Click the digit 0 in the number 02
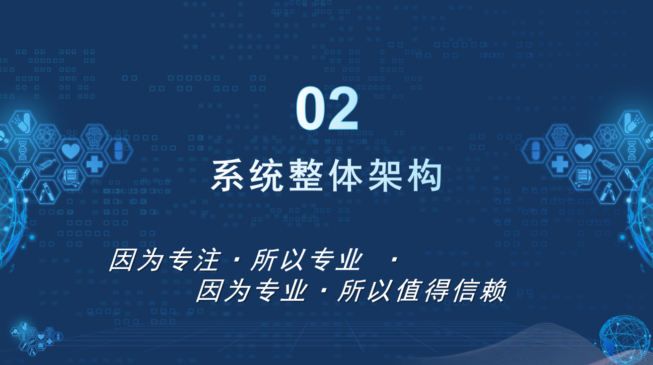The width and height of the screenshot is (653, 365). coord(310,108)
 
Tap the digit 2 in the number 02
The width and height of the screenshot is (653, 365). coord(343,108)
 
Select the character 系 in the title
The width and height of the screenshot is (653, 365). coord(227,175)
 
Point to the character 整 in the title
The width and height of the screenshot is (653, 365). coord(306,175)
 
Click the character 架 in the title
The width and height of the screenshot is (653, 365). coord(385,175)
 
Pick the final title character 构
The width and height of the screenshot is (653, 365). coord(425,175)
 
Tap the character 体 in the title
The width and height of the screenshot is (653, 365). coord(346,175)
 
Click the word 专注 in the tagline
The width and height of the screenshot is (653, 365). coord(194,260)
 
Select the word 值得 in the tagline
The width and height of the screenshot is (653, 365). coord(422,290)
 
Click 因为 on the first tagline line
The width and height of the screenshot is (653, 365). coord(136,260)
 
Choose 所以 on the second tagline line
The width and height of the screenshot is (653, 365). coord(364,290)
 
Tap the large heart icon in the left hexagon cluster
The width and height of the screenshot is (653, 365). coord(71,151)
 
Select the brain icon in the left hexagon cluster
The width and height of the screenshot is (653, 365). coord(94,136)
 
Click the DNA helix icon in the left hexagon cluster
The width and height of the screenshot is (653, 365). coord(23,150)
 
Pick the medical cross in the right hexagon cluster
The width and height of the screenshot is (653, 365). coord(560,164)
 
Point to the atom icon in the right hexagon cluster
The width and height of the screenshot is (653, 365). coord(607,137)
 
